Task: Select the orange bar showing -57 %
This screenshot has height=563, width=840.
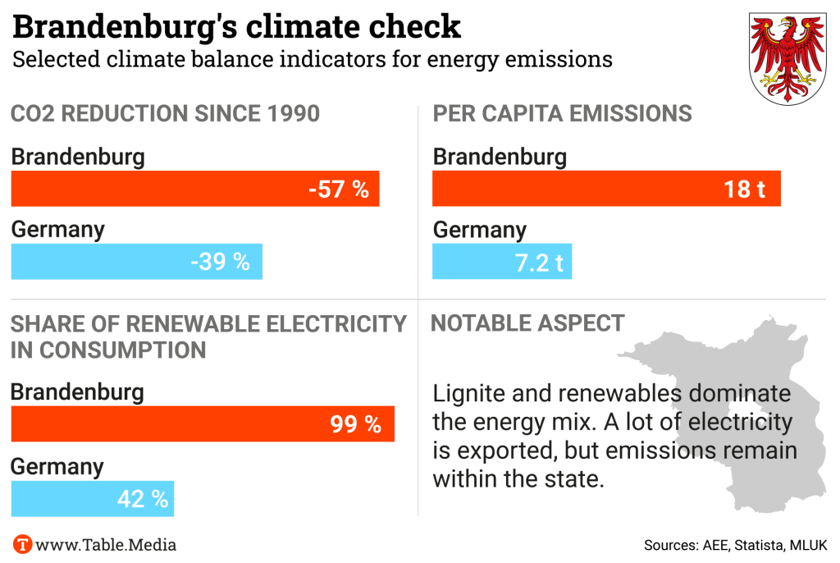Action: [x=195, y=189]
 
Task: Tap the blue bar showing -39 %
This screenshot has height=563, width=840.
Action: [x=136, y=262]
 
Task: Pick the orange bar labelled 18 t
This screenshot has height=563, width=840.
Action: [x=606, y=189]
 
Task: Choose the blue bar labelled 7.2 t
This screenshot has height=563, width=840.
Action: [x=502, y=262]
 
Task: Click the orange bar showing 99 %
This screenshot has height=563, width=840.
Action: [x=203, y=423]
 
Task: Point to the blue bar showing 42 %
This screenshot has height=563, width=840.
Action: [x=93, y=497]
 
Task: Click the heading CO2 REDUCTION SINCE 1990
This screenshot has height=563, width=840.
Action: [x=165, y=113]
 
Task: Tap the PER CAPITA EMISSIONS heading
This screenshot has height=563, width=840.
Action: [x=562, y=113]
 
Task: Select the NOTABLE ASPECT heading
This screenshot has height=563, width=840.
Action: [x=527, y=323]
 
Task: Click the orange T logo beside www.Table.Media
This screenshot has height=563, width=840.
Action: [x=22, y=544]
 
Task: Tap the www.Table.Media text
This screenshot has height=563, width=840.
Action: [x=107, y=544]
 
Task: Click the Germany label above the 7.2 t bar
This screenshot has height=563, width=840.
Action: [x=480, y=230]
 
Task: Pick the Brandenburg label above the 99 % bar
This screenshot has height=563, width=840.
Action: [x=77, y=391]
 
